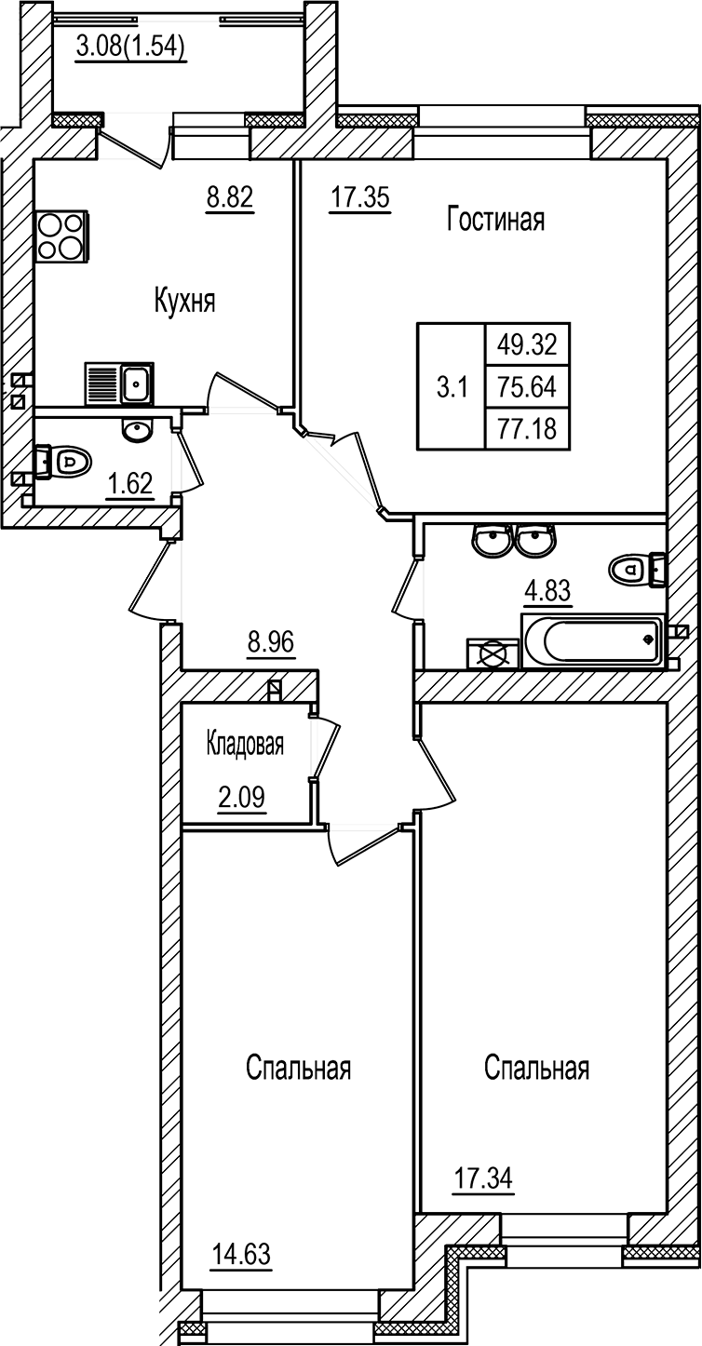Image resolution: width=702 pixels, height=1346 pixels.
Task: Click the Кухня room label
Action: [x=184, y=302]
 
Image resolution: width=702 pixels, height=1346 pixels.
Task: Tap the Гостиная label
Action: [x=495, y=220]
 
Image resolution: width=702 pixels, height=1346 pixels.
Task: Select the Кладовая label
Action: [x=245, y=744]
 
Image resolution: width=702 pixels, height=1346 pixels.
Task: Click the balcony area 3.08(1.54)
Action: [x=131, y=46]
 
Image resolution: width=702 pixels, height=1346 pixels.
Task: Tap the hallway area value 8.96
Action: [x=271, y=641]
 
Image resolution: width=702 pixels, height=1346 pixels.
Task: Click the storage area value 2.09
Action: [x=241, y=798]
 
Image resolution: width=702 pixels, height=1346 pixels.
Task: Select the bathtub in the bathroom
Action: [x=593, y=640]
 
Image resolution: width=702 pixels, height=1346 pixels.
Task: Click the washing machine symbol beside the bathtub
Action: [x=492, y=653]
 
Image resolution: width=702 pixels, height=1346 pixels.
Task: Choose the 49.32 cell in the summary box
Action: [x=527, y=345]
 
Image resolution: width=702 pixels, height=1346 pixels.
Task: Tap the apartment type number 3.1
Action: [x=451, y=386]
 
